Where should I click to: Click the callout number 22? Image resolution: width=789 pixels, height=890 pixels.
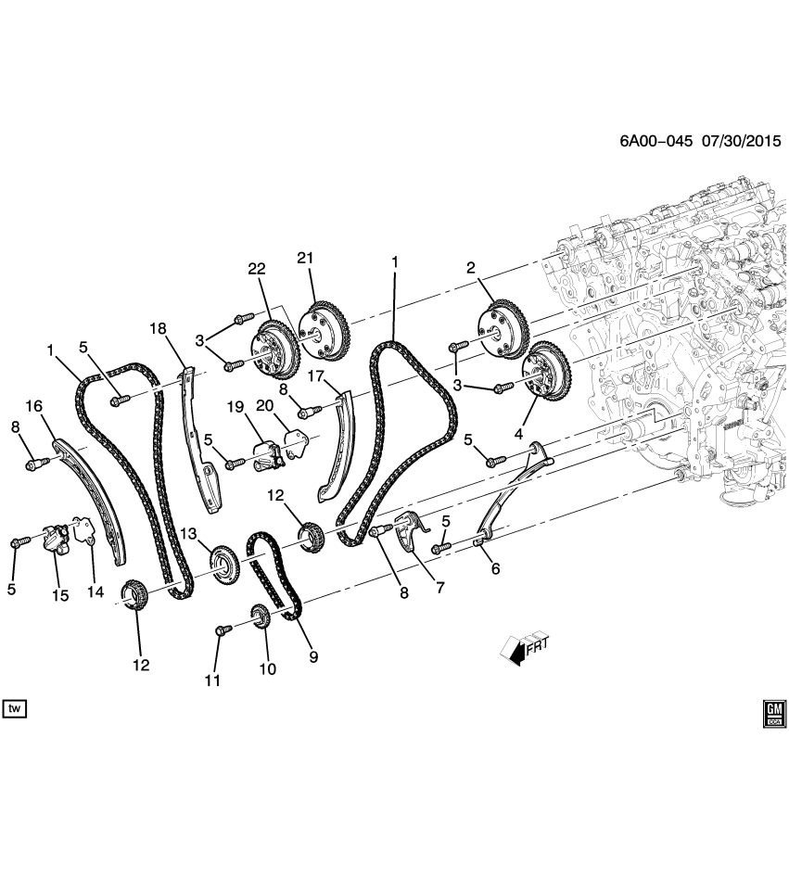(256, 269)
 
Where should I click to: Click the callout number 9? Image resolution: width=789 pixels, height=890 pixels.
(313, 657)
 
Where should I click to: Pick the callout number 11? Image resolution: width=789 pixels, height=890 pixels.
(214, 680)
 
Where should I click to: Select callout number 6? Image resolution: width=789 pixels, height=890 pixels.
(495, 568)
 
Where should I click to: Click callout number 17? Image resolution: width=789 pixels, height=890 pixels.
(314, 376)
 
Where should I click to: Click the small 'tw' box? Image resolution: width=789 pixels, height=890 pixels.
(15, 709)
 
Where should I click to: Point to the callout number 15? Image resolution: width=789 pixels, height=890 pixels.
(60, 595)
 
